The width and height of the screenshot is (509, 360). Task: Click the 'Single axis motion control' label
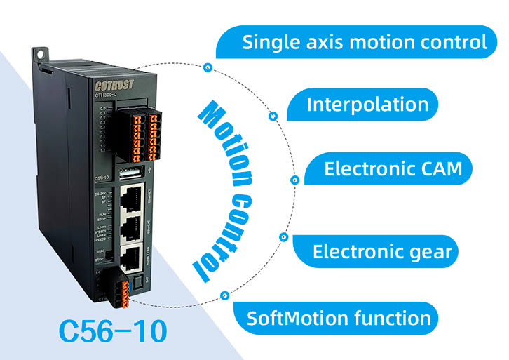364,41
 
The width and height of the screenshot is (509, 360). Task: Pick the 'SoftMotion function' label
339,318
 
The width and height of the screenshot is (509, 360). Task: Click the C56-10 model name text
113,330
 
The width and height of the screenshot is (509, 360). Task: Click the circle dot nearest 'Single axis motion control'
208,67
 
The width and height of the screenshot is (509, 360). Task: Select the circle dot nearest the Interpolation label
272,117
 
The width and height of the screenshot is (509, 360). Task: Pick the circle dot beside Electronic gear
283,236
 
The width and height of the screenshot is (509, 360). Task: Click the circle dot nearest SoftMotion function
224,295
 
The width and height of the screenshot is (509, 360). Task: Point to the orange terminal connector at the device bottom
123,288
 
